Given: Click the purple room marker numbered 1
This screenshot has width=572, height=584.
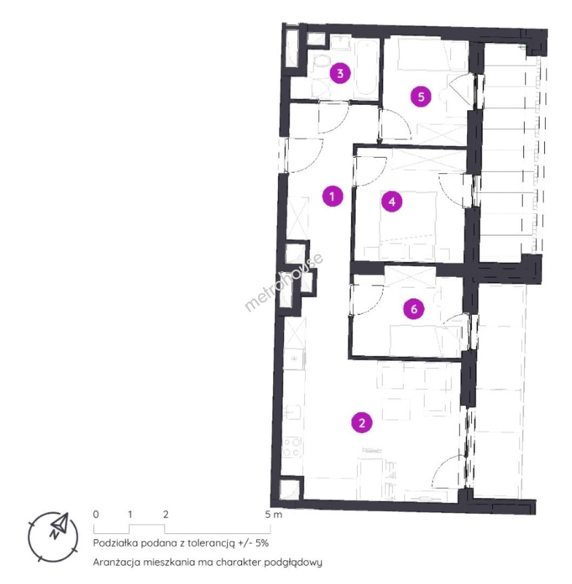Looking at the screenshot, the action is pyautogui.click(x=332, y=196).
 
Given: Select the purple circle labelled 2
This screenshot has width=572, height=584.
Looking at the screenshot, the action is pyautogui.click(x=362, y=423).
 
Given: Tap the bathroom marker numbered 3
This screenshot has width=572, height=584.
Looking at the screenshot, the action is pyautogui.click(x=341, y=73).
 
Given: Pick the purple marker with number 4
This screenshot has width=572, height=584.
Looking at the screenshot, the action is pyautogui.click(x=392, y=202).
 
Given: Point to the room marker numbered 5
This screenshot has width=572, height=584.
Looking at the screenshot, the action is pyautogui.click(x=421, y=96).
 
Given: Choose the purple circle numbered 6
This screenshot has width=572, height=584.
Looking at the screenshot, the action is pyautogui.click(x=414, y=309).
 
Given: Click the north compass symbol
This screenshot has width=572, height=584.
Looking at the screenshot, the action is pyautogui.click(x=54, y=537).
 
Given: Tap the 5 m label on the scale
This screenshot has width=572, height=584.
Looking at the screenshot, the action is pyautogui.click(x=274, y=514).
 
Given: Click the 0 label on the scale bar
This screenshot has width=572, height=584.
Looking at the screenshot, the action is pyautogui.click(x=96, y=514).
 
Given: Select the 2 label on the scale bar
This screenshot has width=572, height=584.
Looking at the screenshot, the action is pyautogui.click(x=165, y=514).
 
